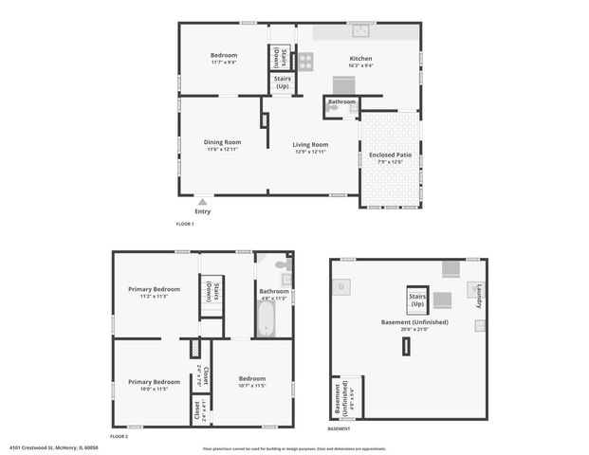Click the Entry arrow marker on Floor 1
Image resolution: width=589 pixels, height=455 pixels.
203,201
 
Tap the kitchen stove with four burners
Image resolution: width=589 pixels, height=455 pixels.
305,62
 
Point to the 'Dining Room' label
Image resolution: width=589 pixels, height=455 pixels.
221,142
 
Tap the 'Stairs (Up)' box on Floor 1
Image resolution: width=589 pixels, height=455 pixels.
282,82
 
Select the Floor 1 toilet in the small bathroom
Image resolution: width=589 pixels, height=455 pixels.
332,109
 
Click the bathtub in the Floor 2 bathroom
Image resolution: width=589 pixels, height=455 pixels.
267,318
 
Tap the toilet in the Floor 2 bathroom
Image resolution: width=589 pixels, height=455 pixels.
281,264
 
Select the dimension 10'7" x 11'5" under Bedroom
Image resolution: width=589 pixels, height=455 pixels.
252,386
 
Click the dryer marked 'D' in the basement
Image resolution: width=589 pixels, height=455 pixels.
342,286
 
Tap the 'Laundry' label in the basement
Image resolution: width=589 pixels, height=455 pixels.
479,296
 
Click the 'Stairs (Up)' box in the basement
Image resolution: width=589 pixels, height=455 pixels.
417,300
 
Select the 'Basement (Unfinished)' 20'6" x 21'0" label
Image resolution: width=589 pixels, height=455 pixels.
414,325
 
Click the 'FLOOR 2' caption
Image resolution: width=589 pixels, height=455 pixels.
119,436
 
